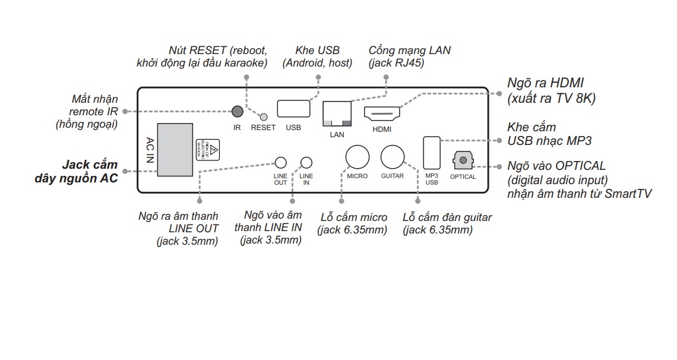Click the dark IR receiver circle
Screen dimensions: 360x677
point(237,111)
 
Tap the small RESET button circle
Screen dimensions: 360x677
point(264,117)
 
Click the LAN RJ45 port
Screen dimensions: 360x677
point(336,114)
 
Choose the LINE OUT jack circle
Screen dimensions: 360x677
point(280,163)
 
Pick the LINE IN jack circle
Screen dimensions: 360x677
point(306,163)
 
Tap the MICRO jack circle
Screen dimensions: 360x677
point(358,157)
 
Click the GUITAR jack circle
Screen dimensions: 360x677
point(393,157)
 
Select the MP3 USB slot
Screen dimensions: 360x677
point(432,153)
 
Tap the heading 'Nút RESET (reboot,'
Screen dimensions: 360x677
point(218,50)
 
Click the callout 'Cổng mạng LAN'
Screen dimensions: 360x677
point(409,50)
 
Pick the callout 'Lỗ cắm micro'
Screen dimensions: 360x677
point(353,217)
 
